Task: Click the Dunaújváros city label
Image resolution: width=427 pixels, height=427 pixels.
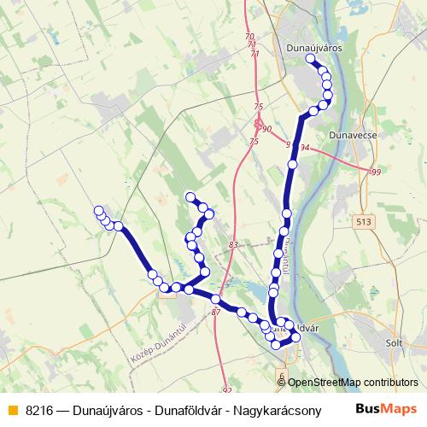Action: pos(314,49)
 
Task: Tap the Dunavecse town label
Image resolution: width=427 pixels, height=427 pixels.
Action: pos(353,135)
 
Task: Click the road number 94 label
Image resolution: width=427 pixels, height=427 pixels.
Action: pos(305,149)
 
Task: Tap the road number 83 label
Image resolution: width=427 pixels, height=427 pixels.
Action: pos(233,246)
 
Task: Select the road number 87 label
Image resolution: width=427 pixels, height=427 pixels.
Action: pos(215,313)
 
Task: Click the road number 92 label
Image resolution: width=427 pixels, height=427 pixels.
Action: pos(226,390)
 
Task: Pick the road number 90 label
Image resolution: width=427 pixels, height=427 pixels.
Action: pos(266,129)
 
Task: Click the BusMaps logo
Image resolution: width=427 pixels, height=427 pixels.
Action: pos(387,410)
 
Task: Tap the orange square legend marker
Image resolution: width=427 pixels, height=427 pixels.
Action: pos(12,410)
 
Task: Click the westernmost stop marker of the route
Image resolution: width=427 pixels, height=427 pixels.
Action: pos(99,211)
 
